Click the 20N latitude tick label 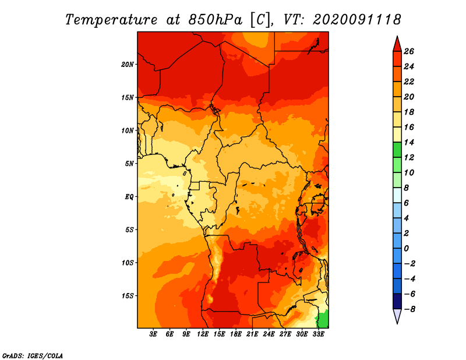pos(128,65)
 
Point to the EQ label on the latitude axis pos(129,197)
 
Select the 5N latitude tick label pos(129,164)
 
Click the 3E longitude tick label pos(153,334)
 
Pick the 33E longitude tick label pos(318,334)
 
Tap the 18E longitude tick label pos(236,334)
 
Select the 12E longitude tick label pos(203,334)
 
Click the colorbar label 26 pos(409,51)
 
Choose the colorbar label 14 pos(409,142)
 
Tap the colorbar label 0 pos(407,249)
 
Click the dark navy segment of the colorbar pos(397,301)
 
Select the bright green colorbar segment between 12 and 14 pos(397,150)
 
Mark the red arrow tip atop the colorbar pos(397,36)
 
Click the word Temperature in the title pos(111,20)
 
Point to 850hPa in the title pos(215,20)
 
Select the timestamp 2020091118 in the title pos(357,20)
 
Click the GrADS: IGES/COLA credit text pos(33,356)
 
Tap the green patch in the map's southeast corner pos(324,319)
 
